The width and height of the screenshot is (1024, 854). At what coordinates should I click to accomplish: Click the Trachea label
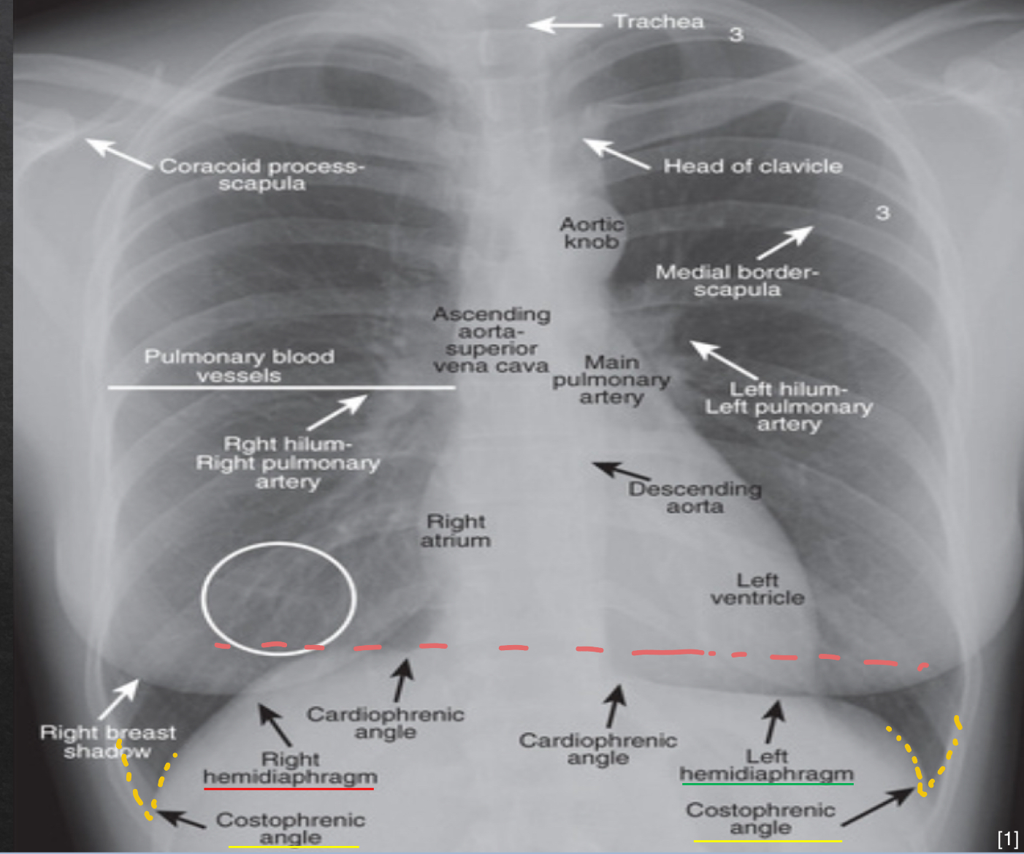[659, 22]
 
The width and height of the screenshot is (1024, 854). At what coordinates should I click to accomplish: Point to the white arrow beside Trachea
[565, 25]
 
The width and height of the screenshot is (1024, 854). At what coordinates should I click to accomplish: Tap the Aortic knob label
[592, 233]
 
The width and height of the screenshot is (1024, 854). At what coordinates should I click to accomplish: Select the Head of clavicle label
[753, 167]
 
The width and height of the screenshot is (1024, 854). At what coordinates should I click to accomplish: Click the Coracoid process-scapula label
[262, 175]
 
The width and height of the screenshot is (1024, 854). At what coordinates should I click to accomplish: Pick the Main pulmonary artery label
[611, 380]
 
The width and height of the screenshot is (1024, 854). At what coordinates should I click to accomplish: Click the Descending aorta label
[695, 497]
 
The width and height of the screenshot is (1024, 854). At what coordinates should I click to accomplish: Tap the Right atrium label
[456, 530]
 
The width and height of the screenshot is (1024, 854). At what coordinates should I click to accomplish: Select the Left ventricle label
[757, 589]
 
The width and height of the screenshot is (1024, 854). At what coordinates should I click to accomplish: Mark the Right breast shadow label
[107, 741]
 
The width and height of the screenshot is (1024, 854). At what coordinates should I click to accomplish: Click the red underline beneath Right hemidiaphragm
[289, 789]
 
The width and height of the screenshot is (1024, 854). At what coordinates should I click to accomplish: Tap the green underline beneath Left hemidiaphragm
[768, 784]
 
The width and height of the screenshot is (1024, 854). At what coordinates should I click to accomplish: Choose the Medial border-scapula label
[737, 281]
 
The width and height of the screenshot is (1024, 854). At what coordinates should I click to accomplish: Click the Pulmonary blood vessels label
[240, 366]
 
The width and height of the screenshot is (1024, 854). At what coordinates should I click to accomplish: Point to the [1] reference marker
[1008, 839]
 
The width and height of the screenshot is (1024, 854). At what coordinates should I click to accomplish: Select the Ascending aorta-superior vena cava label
[491, 340]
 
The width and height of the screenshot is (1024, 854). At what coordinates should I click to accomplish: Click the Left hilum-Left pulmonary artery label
[789, 407]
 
